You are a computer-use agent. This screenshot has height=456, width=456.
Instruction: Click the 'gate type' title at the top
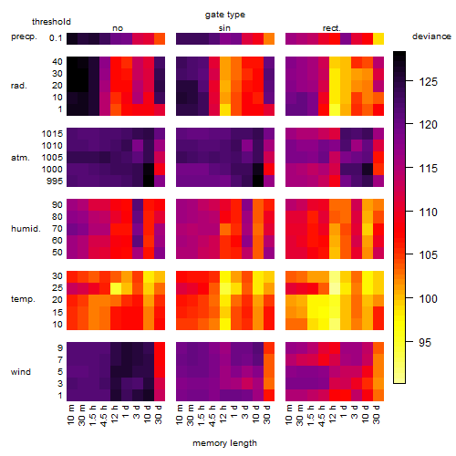point(225,15)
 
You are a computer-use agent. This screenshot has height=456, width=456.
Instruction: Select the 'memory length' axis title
point(224,443)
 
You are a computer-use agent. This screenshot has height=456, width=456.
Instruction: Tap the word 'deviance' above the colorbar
point(431,36)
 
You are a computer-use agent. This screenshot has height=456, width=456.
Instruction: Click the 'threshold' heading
point(51,22)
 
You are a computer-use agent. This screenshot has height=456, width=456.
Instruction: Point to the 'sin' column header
point(224,28)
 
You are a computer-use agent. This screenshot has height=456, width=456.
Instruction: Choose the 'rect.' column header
point(332,28)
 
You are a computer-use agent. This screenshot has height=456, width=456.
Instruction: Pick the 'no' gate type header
point(118,28)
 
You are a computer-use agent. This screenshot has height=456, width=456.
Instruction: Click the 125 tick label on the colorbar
point(428,82)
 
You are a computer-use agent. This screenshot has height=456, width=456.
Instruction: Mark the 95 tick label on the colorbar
point(425,343)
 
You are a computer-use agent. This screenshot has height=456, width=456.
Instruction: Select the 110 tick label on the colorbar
point(428,212)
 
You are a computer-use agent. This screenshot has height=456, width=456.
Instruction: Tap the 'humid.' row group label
point(26,229)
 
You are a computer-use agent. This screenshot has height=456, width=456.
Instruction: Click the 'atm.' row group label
point(20,158)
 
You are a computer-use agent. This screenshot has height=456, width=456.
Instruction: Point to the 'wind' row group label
point(21,372)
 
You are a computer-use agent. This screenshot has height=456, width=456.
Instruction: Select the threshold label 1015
point(52,134)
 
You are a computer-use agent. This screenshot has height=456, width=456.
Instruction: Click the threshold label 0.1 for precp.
point(56,38)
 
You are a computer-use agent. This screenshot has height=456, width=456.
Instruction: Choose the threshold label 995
point(55,181)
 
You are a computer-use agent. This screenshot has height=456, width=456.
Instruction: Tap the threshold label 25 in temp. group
point(57,288)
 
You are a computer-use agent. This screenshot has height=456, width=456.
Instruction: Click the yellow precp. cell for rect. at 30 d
point(378,38)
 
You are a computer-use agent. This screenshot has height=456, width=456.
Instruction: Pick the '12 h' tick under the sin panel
point(223,414)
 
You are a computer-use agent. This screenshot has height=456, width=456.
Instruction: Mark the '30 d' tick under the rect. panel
point(377,414)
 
